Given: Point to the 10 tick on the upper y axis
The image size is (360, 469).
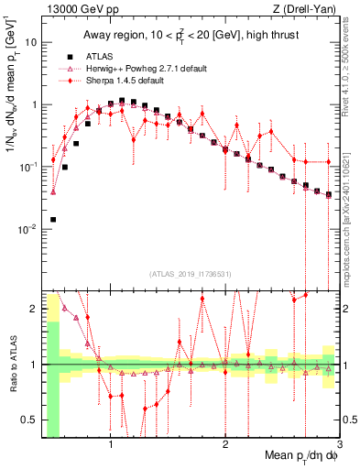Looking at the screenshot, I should tap(33, 43).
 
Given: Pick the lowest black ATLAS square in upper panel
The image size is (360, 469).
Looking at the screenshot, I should tap(53, 220).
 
